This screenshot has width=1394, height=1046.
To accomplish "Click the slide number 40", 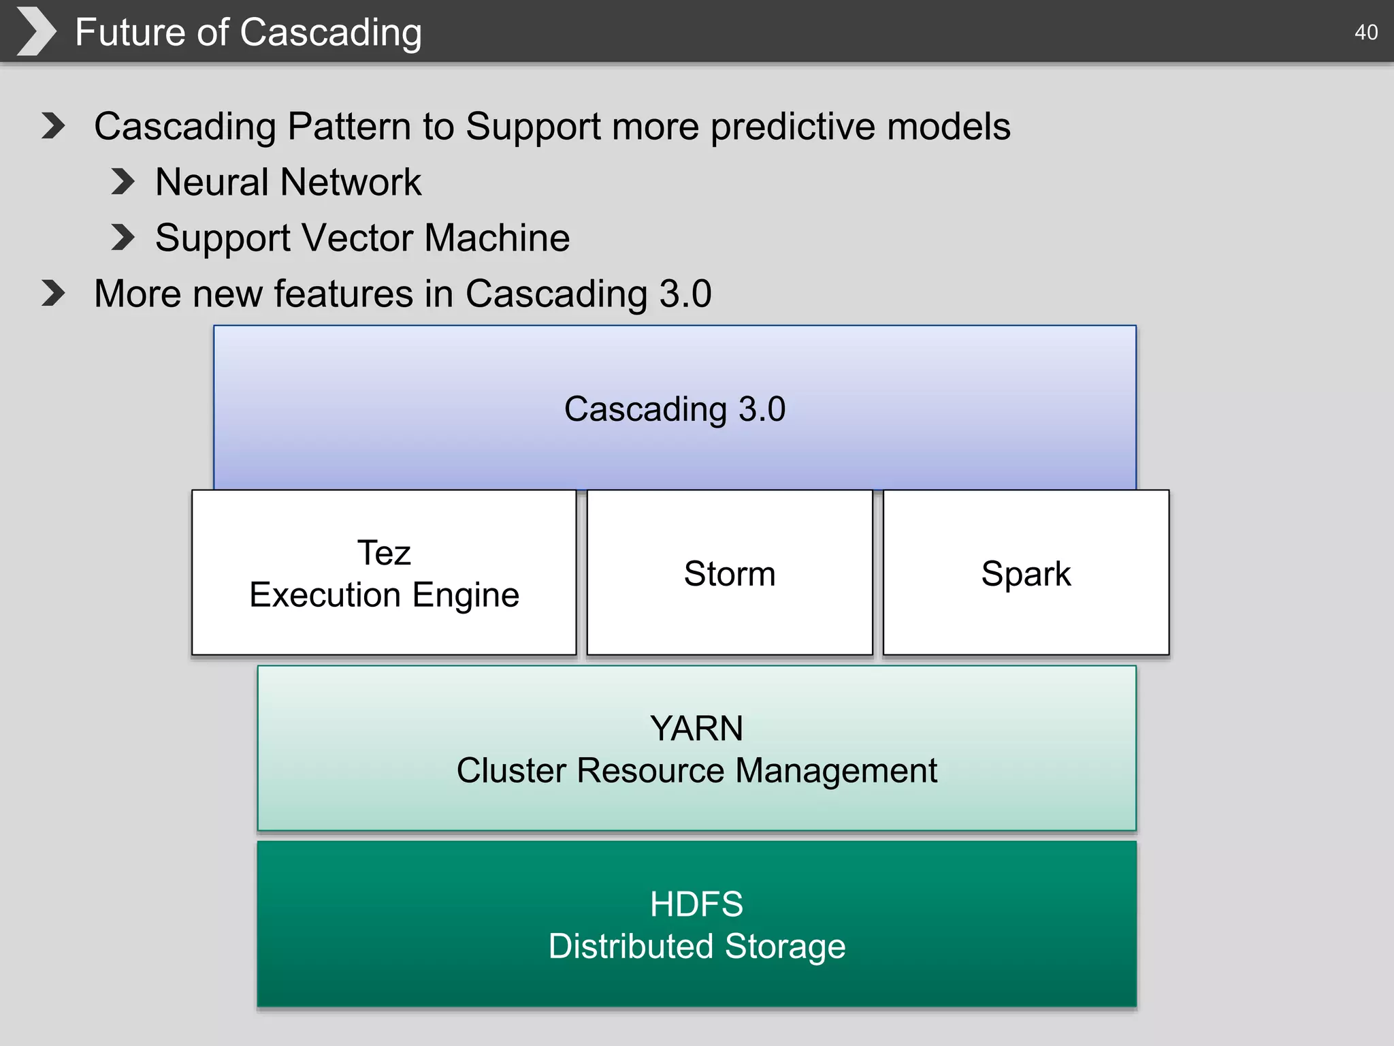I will (1365, 32).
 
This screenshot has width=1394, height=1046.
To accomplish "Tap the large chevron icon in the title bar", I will (35, 31).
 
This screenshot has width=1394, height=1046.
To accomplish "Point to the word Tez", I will (384, 552).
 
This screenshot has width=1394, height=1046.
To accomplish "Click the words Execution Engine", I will (384, 595).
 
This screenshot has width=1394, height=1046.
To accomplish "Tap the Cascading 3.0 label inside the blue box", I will (675, 409).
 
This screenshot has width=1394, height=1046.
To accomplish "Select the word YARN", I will (696, 728).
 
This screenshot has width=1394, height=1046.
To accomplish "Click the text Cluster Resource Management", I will (696, 771).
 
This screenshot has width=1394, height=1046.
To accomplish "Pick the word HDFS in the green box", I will (696, 904).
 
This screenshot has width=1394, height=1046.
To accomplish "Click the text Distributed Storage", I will (696, 947).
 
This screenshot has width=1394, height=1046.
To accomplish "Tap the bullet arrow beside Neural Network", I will (123, 182).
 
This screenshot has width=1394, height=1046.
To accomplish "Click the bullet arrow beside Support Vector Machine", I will (123, 238).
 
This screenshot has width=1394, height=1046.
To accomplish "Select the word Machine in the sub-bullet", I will (497, 238).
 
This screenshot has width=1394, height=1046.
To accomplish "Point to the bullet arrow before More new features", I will (53, 294).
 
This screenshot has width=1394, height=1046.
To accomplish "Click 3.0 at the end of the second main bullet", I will (685, 294).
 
